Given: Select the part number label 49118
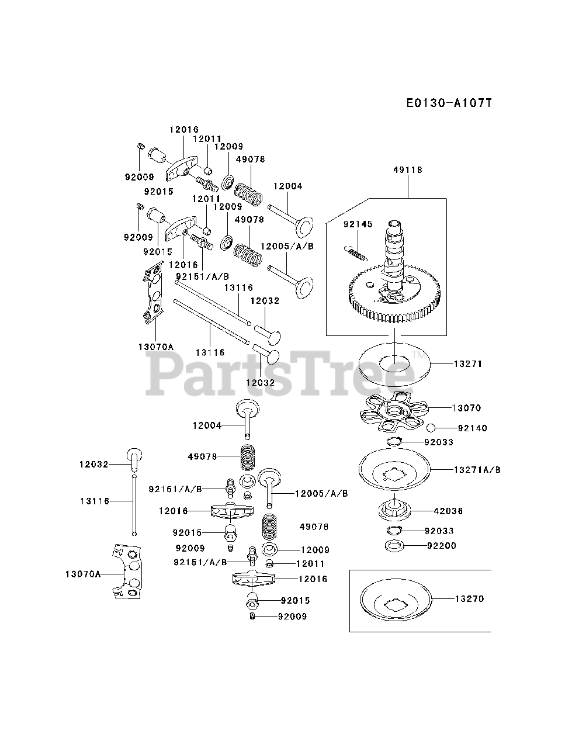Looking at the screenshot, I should click(x=408, y=170).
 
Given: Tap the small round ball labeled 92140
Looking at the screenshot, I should click(x=431, y=428).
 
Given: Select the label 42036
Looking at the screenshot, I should click(x=448, y=511).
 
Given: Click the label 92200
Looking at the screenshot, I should click(x=442, y=546).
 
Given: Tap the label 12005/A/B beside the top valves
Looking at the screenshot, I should click(x=287, y=246).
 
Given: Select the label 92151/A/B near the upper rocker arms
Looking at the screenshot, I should click(x=202, y=276).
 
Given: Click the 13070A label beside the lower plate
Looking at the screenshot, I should click(x=83, y=574).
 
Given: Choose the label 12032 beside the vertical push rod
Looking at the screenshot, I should click(x=94, y=465).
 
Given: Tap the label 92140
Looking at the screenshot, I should click(x=472, y=428).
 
